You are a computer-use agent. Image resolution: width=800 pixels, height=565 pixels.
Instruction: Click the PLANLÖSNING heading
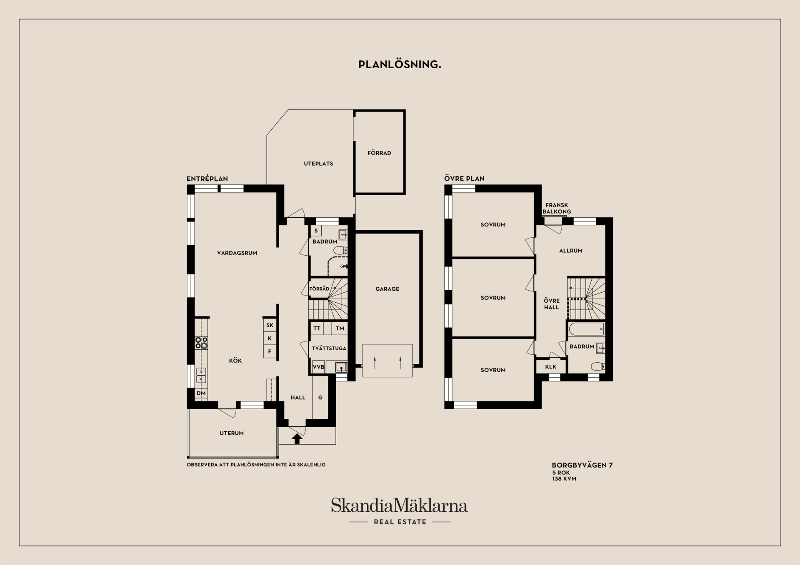tap(399, 65)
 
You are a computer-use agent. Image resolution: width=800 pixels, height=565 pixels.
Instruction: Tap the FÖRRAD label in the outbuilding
tap(379, 153)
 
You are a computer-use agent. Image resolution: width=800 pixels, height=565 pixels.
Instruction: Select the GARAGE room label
tap(387, 289)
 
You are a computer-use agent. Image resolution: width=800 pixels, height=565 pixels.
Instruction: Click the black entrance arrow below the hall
tap(297, 438)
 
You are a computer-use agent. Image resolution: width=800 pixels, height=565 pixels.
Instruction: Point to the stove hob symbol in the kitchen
tap(201, 343)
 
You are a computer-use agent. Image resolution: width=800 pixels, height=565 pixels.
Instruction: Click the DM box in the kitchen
tap(201, 393)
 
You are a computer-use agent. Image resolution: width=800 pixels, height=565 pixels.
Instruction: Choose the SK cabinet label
tap(270, 325)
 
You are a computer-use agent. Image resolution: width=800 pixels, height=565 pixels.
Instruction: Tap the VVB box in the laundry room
tap(318, 367)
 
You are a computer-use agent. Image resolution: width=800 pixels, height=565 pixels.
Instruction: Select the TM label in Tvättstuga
tap(340, 328)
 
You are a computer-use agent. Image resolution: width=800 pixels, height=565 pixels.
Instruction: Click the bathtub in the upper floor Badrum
tap(586, 329)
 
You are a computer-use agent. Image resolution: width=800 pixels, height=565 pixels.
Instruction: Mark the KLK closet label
tap(551, 366)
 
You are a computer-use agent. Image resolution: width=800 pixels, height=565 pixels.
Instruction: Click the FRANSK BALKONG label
tap(557, 208)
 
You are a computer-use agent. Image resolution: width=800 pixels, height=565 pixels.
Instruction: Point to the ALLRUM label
tap(571, 251)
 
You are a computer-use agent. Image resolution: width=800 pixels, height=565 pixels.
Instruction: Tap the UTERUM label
tap(232, 433)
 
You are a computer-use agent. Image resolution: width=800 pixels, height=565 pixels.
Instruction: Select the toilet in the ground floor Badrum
tap(340, 250)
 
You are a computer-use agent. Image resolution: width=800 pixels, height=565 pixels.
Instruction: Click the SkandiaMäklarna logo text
tap(399, 505)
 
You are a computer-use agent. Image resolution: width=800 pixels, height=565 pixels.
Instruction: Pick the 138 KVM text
tap(564, 479)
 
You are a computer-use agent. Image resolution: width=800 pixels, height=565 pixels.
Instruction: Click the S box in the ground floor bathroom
tap(316, 231)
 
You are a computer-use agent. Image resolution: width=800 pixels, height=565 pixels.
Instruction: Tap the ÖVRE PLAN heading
tap(464, 179)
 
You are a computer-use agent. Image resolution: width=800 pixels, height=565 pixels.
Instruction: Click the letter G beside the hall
tap(320, 398)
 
